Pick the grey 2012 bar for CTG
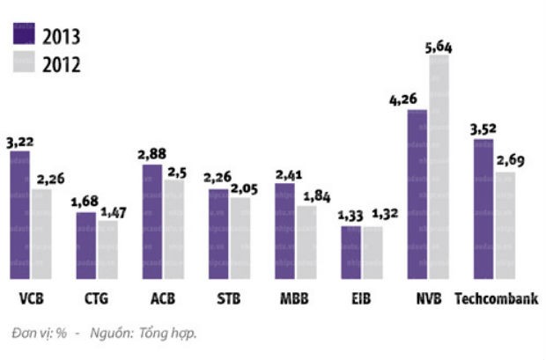tap(107, 250)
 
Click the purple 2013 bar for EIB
tap(350, 253)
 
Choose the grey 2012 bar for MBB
tap(306, 242)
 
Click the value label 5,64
tap(440, 46)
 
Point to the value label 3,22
tap(19, 141)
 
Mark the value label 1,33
tap(349, 216)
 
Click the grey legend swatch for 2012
tap(22, 62)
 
